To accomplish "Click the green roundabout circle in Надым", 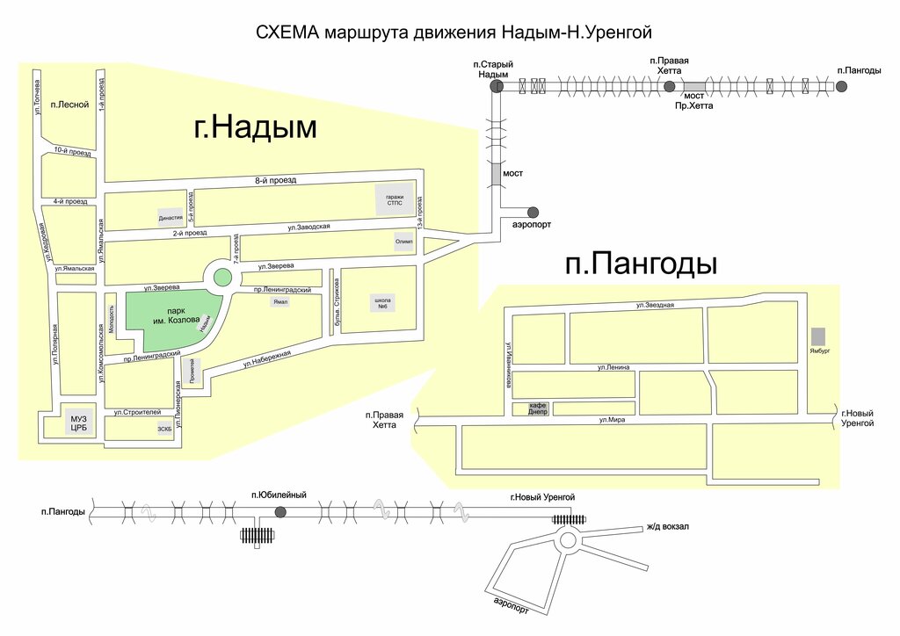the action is [223, 278].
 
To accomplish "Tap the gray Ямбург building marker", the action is [818, 336].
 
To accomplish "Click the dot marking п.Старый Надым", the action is [497, 86].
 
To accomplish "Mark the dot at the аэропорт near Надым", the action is [533, 212].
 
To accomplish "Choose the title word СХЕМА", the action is [286, 33].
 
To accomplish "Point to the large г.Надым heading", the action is [255, 128].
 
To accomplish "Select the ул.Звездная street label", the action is [656, 305].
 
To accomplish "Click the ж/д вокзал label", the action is [668, 527].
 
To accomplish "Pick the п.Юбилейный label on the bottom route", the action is [279, 495].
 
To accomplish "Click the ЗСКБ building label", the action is [164, 430].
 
